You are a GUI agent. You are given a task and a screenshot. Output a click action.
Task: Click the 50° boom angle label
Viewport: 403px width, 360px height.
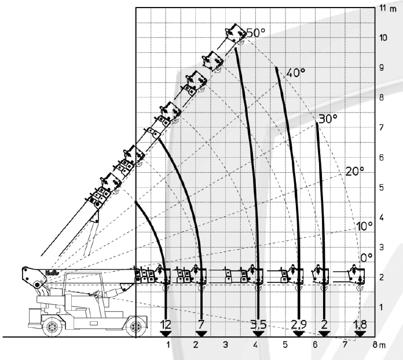click(255, 32)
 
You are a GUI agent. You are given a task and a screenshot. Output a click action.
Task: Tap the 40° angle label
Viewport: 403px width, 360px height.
click(295, 73)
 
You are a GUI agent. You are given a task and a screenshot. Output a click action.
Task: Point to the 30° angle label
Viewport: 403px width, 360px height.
click(328, 119)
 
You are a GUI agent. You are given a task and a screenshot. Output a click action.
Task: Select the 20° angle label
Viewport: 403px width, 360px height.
click(355, 172)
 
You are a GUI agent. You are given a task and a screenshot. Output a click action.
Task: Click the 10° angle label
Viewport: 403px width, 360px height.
click(364, 226)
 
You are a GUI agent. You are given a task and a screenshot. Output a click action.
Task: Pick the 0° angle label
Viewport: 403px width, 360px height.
click(367, 257)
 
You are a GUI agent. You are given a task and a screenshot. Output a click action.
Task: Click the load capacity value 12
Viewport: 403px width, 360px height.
click(166, 325)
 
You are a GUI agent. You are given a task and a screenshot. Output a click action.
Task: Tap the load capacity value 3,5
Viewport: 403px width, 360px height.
click(258, 325)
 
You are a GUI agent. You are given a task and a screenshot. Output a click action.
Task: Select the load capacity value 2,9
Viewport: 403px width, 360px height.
click(299, 325)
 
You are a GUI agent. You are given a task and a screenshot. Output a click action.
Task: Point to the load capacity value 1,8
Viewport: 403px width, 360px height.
click(360, 325)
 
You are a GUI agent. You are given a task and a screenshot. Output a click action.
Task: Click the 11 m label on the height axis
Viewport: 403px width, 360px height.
click(388, 8)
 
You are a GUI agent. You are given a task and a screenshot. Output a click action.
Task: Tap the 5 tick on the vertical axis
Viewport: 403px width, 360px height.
click(382, 187)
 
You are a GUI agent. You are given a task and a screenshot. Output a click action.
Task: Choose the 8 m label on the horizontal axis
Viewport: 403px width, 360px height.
click(379, 344)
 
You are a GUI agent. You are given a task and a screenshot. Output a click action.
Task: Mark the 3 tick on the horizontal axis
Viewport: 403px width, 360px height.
click(225, 344)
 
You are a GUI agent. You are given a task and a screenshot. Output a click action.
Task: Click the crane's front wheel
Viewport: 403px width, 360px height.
click(136, 326)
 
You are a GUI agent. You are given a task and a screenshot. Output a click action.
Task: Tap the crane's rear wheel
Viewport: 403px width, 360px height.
click(53, 326)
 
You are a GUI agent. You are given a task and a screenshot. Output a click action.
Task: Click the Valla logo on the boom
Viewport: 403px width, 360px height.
click(52, 272)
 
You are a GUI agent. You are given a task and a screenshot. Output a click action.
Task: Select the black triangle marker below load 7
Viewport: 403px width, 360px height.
click(201, 334)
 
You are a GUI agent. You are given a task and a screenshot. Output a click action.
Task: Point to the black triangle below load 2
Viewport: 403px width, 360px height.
click(324, 334)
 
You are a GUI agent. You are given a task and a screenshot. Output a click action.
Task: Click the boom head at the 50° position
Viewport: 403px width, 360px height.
click(235, 34)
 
